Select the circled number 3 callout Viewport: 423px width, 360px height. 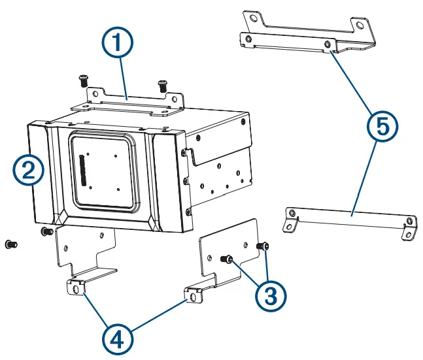point(270,295)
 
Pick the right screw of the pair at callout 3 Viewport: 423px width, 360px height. point(263,246)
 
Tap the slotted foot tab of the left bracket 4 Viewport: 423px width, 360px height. point(77,287)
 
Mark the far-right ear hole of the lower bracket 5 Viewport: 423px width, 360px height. point(410,233)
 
